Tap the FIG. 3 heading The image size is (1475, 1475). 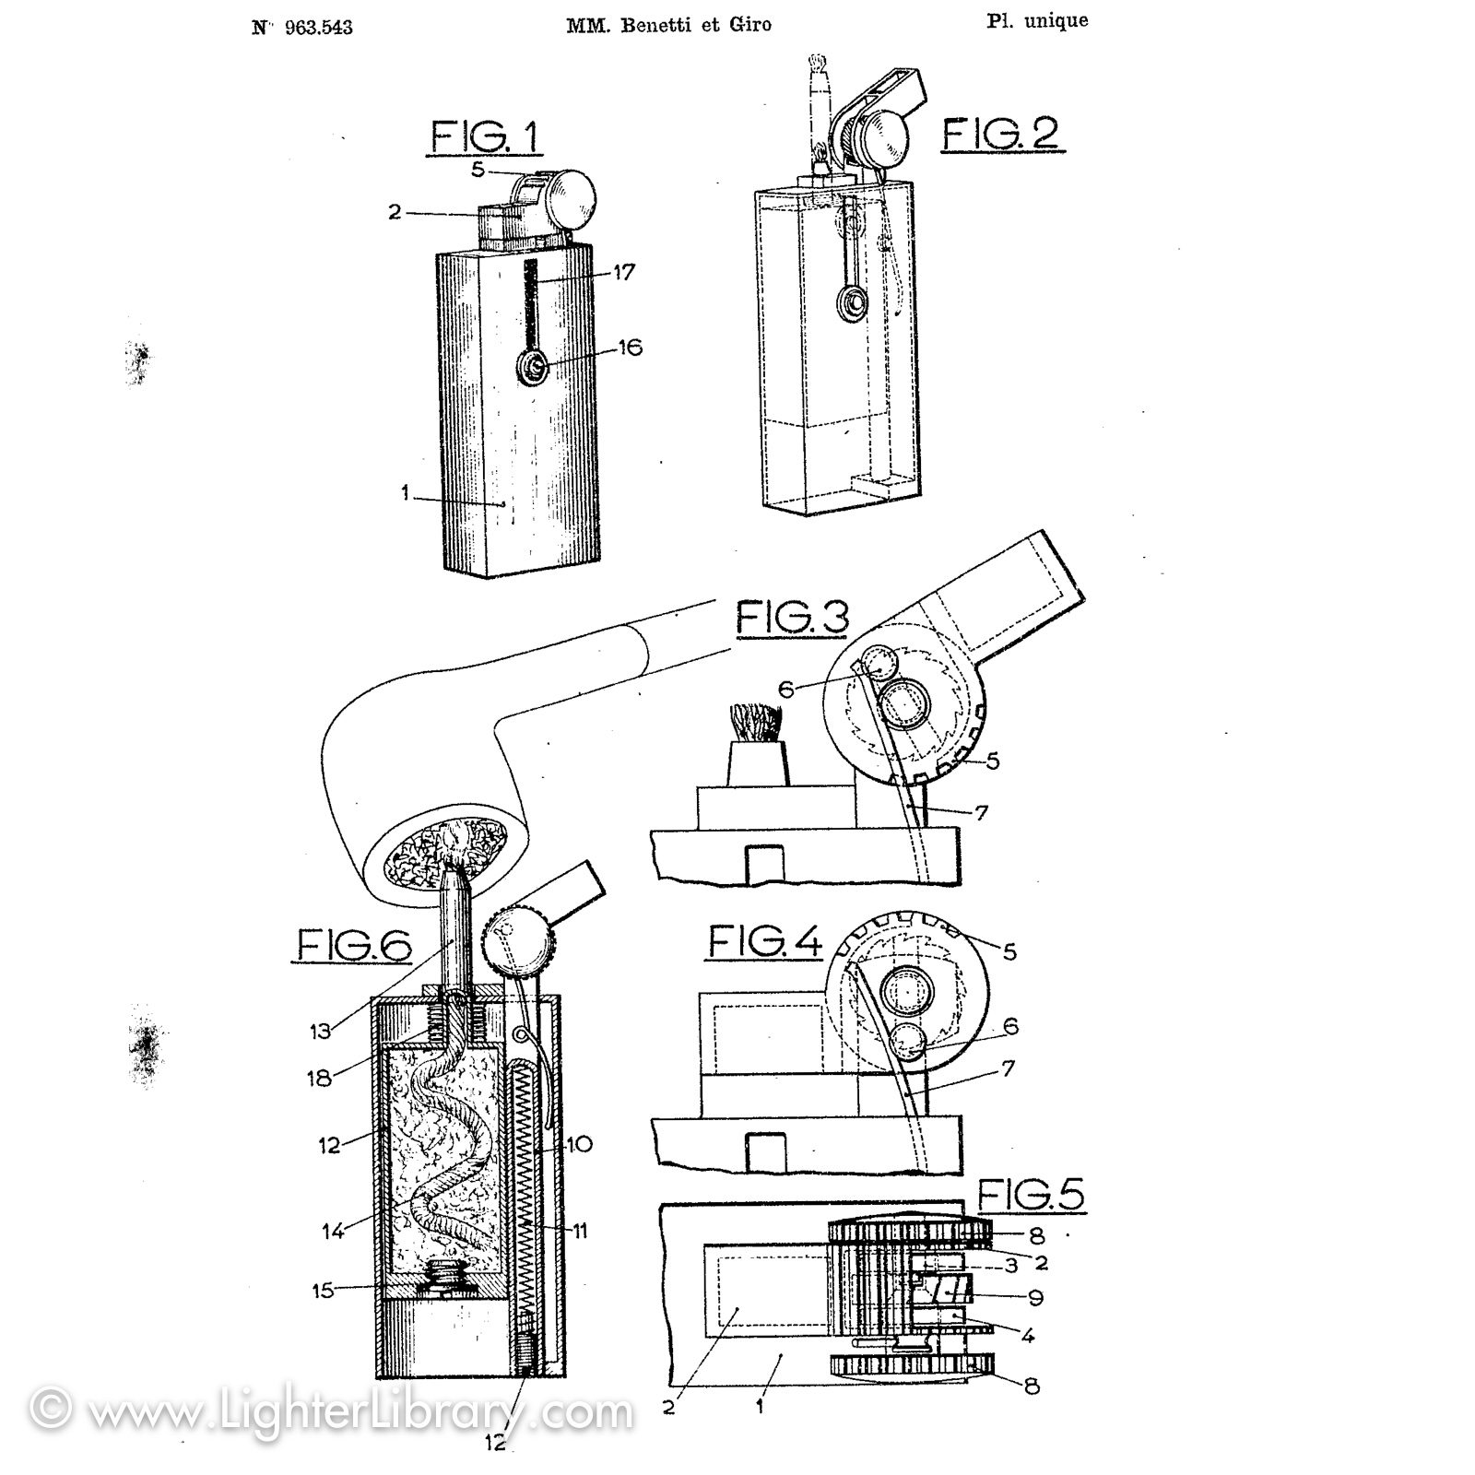click(792, 618)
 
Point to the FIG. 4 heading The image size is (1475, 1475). click(764, 941)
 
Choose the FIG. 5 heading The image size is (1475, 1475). click(1031, 1195)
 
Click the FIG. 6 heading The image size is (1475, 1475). click(354, 944)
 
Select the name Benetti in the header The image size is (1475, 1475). click(647, 25)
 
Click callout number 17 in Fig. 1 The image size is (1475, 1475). click(624, 272)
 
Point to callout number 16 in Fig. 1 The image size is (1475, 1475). click(630, 348)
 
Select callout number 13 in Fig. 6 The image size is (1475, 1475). click(320, 1031)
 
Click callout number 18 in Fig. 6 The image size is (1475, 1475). click(319, 1077)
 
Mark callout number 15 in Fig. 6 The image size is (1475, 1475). click(323, 1290)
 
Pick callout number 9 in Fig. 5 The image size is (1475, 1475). click(1035, 1297)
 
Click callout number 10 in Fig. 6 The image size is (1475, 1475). click(579, 1144)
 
